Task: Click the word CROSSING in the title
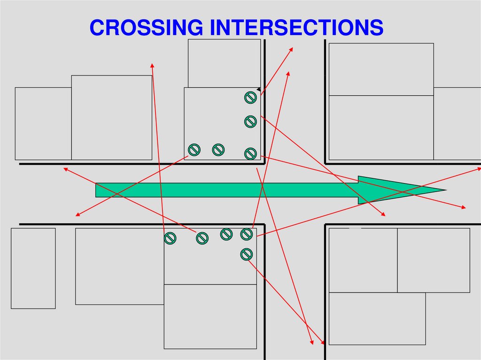coord(146,28)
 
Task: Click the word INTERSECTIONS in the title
coord(296,28)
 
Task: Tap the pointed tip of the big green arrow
coord(444,190)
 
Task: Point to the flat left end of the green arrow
coord(96,190)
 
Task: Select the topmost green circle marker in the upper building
coord(250,98)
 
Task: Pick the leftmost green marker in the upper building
coord(194,150)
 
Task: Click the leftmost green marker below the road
coord(170,238)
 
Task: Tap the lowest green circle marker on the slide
coord(246,254)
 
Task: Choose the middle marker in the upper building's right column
coord(250,122)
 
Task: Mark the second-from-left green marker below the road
coord(202,238)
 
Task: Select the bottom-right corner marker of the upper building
coord(250,153)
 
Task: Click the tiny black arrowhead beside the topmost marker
coord(258,89)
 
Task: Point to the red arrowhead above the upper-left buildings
coord(152,65)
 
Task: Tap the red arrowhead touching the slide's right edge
coord(478,168)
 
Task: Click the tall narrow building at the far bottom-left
coord(33,268)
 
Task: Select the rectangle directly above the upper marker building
coord(224,63)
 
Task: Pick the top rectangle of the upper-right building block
coord(381,69)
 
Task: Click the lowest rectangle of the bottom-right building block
coord(377,318)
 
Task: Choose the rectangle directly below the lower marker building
coord(210,316)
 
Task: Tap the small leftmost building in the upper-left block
coord(43,123)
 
